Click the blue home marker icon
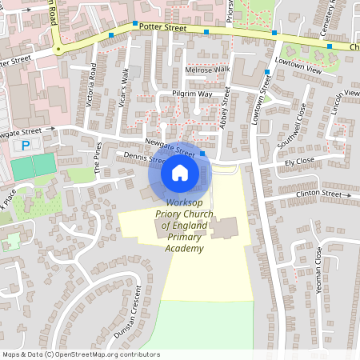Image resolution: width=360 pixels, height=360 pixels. [180, 172]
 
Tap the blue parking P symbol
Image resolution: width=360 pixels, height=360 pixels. [26, 146]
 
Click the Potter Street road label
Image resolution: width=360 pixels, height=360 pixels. [162, 27]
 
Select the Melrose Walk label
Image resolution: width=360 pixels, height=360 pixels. [207, 70]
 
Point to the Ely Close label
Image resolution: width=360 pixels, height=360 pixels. [299, 162]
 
